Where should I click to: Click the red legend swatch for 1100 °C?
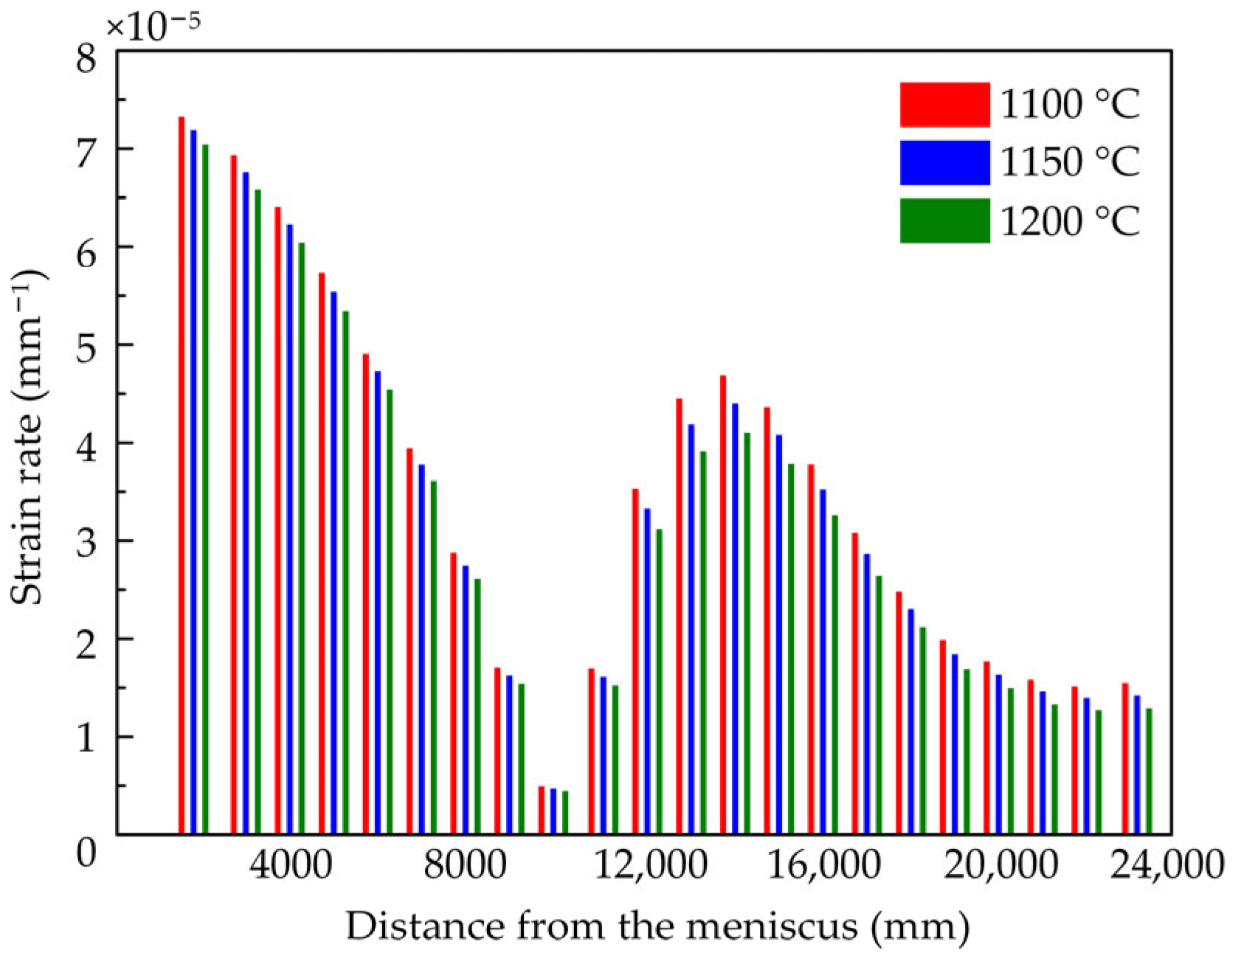[x=944, y=105]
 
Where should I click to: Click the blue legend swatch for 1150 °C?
[x=944, y=162]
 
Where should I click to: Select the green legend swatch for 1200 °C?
[x=944, y=221]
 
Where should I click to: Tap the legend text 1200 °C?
[x=1070, y=221]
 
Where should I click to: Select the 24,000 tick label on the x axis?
[x=1168, y=864]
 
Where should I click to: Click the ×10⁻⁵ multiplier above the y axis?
[x=153, y=24]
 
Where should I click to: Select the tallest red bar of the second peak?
[x=723, y=605]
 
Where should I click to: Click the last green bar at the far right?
[x=1149, y=771]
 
